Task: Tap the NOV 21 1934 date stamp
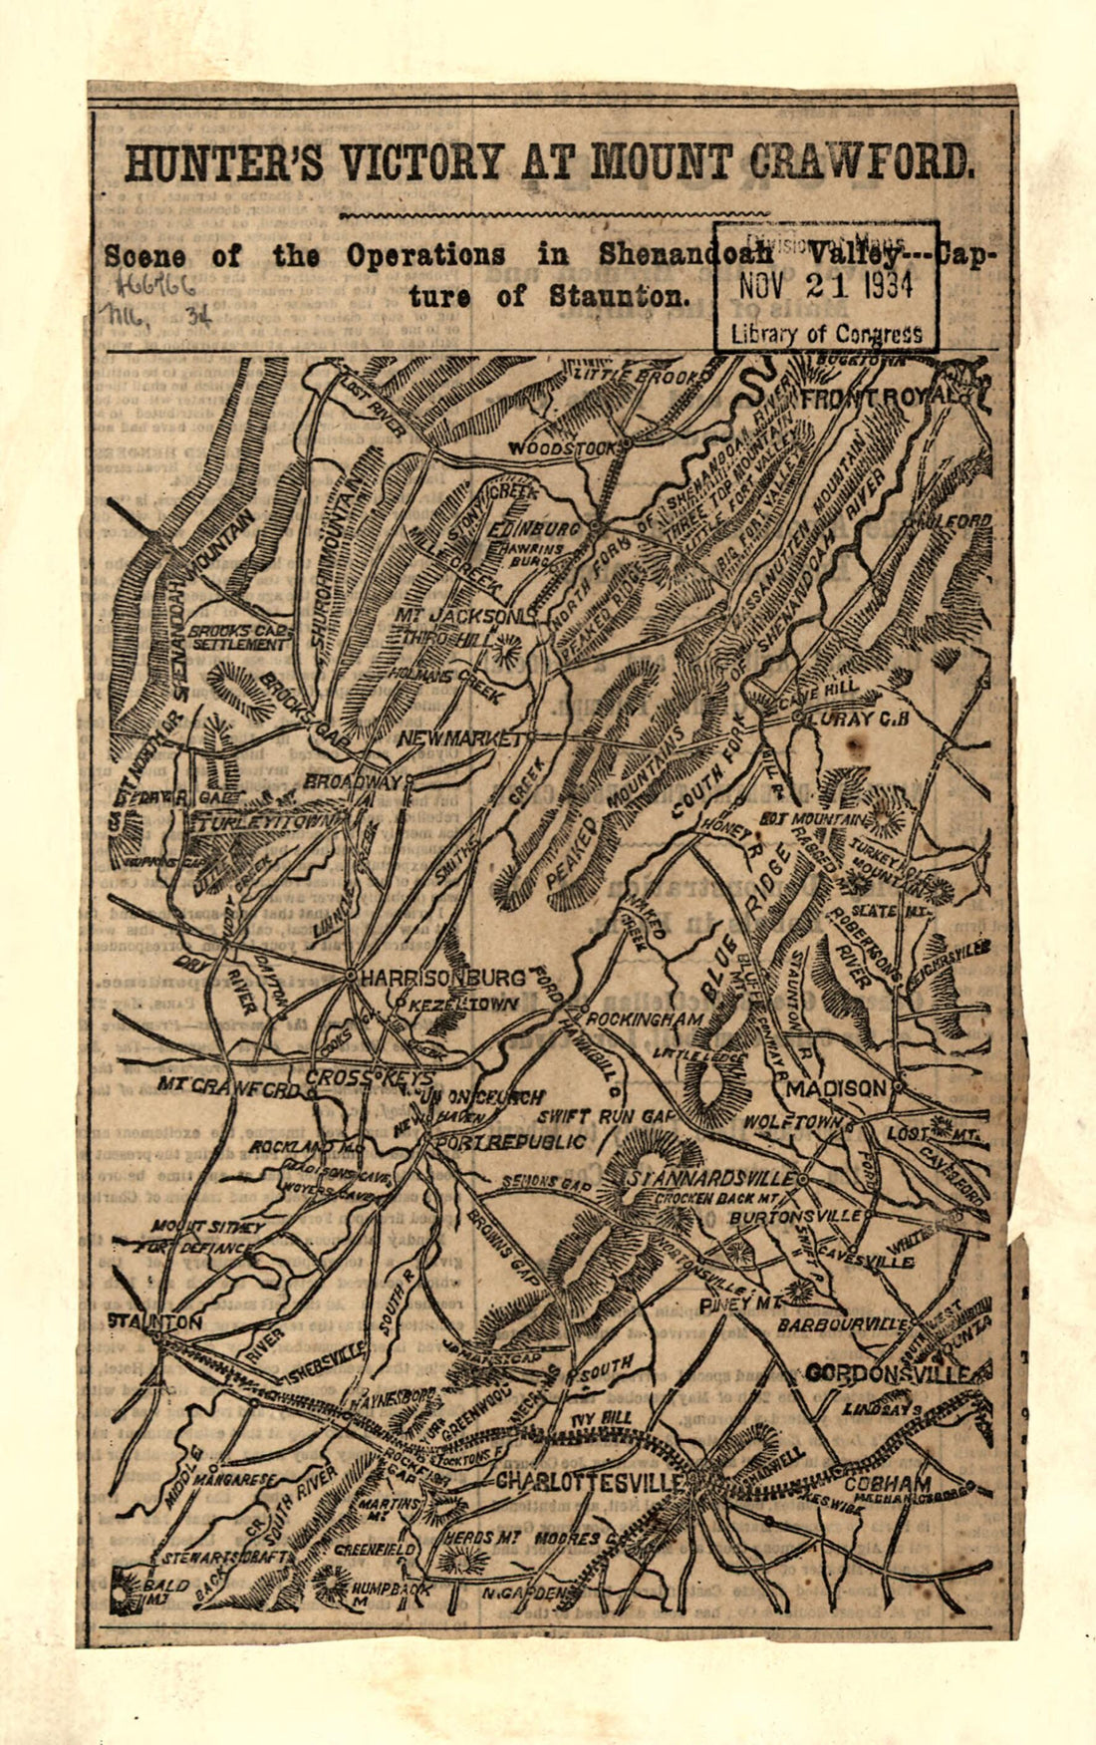click(826, 286)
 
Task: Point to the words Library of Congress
click(826, 334)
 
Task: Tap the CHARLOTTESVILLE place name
click(590, 1481)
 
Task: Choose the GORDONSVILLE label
click(887, 1373)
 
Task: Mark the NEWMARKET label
click(459, 739)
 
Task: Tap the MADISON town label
click(835, 1088)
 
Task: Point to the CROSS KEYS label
click(369, 1078)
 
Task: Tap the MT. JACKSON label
click(458, 617)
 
